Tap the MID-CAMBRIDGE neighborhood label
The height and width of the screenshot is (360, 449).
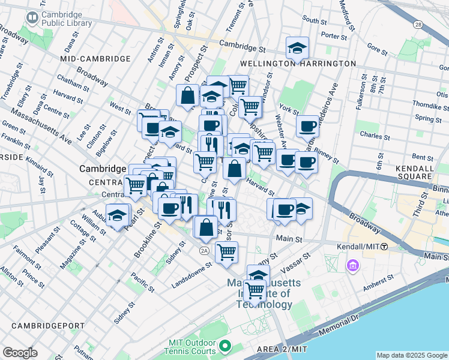tap(95, 59)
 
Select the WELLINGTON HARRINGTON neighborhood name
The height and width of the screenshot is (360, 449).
tap(298, 64)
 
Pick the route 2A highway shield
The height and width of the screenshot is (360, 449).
tap(205, 250)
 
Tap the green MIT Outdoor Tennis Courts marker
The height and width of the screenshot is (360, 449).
tap(224, 346)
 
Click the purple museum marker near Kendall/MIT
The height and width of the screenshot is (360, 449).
tap(352, 265)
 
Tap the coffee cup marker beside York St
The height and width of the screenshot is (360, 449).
tap(307, 126)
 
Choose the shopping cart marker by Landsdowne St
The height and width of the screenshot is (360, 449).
tap(226, 252)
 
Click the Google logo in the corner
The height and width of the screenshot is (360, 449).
tap(20, 353)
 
